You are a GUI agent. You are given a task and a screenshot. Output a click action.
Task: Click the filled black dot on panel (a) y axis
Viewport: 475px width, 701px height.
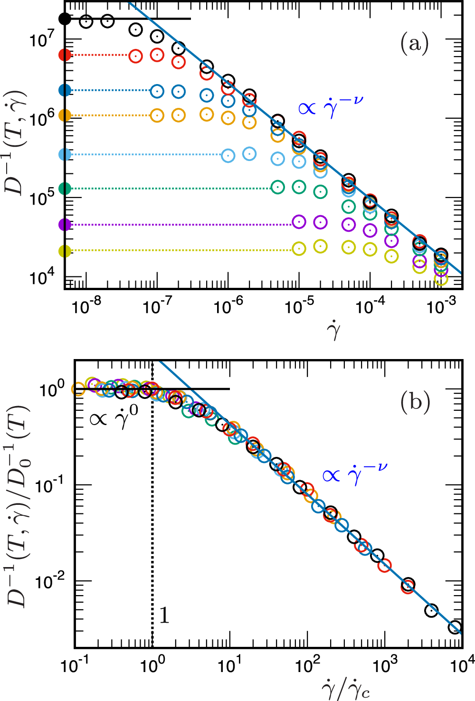tap(65, 19)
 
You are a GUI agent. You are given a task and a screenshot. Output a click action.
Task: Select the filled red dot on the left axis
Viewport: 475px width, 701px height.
tap(65, 55)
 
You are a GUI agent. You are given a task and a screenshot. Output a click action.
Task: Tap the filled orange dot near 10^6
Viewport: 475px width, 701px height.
tap(65, 115)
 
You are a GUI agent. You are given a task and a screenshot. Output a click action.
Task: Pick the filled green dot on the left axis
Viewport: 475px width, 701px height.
tap(65, 189)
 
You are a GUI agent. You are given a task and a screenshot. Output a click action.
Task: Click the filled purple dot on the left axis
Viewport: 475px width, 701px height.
tap(65, 224)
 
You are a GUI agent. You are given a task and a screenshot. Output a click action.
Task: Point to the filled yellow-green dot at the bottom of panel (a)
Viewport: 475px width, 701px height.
tap(65, 251)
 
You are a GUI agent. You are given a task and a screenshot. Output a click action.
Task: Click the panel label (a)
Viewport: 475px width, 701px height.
tap(414, 44)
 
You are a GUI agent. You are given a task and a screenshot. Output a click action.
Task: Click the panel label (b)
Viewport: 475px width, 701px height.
tap(415, 402)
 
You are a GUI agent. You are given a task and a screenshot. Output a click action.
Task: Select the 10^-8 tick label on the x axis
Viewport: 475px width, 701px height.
tap(87, 307)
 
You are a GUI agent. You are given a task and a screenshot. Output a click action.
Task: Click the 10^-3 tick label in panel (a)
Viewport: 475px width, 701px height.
tap(441, 307)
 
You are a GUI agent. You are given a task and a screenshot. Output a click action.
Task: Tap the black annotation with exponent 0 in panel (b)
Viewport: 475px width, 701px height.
tap(114, 417)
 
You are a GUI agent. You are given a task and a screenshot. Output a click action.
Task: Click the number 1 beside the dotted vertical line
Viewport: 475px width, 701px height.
tap(164, 616)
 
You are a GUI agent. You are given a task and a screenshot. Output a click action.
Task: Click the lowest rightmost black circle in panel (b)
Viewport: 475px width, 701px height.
tap(455, 627)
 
